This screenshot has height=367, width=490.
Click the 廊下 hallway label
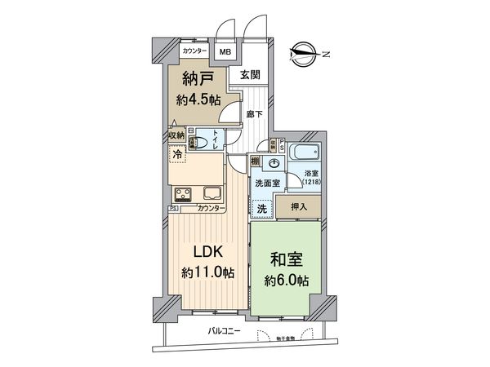pyautogui.click(x=255, y=114)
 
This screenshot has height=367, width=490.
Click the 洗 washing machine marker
pyautogui.click(x=262, y=209)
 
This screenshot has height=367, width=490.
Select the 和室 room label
pyautogui.click(x=288, y=261)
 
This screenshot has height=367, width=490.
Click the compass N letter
pyautogui.click(x=325, y=54)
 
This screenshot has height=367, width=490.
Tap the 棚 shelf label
pyautogui.click(x=256, y=160)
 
